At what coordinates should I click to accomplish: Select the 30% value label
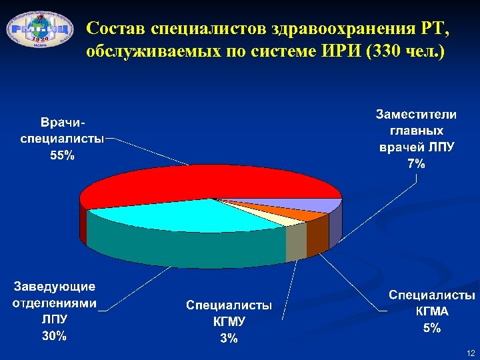(54, 336)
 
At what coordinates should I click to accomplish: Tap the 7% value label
(416, 164)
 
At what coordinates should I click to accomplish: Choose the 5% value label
(432, 328)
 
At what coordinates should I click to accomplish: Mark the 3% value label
(229, 338)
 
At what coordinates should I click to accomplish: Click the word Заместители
(416, 115)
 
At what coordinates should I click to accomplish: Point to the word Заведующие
(55, 287)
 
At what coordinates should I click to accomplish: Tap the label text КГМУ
(229, 322)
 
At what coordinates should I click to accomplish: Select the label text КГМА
(432, 311)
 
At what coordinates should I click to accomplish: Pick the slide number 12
(470, 351)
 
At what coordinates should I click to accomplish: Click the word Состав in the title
(117, 29)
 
